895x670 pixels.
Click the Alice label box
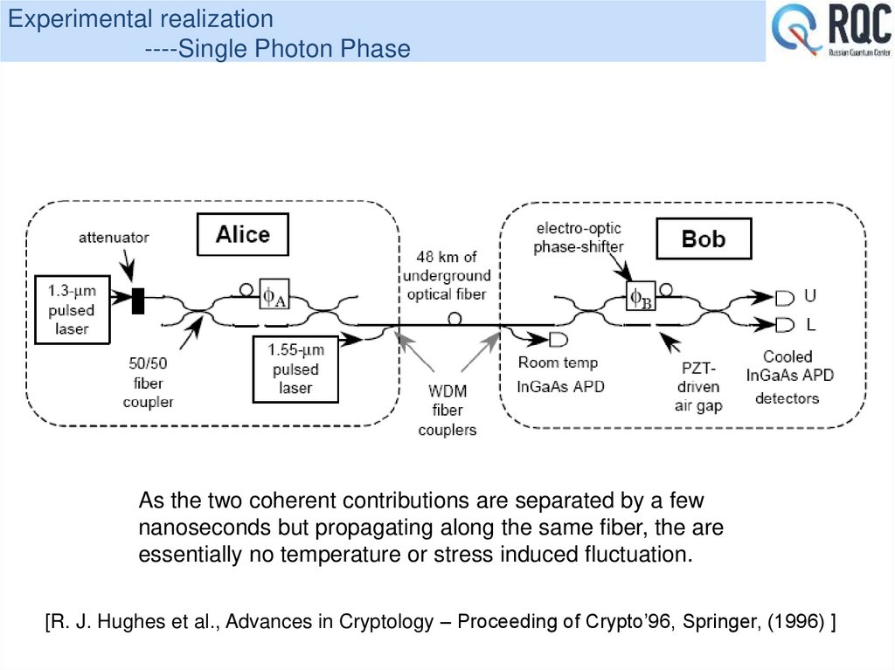point(242,235)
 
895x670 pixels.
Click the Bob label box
point(703,238)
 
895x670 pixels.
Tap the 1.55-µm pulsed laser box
point(295,369)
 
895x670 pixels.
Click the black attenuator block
point(137,300)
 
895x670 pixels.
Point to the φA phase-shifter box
point(274,297)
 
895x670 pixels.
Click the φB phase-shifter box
point(641,297)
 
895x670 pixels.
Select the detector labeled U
point(784,298)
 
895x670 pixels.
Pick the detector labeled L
point(784,326)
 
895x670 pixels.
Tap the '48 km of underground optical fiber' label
point(447,275)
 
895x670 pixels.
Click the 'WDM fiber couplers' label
point(447,411)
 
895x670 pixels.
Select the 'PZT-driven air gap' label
point(697,386)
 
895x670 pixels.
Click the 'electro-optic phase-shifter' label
point(579,238)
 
